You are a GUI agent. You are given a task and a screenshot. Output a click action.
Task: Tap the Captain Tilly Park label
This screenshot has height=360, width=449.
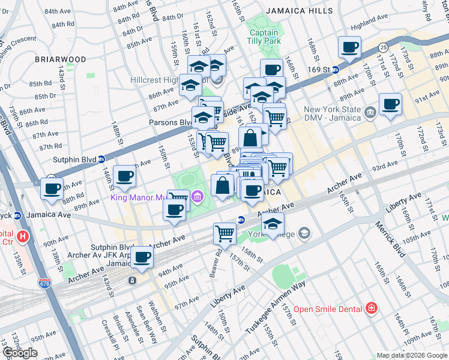[x=264, y=37]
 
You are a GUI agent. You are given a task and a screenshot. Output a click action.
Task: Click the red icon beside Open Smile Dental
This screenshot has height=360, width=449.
[x=372, y=308]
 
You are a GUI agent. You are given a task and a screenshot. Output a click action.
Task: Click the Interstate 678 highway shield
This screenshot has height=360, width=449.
[x=44, y=282]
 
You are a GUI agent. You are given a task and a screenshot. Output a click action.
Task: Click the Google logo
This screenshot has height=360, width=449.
[x=20, y=352]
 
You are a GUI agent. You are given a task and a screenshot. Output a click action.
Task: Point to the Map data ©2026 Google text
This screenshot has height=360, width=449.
[x=411, y=355]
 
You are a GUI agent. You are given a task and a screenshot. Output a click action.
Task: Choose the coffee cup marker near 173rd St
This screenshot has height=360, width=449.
[x=349, y=47]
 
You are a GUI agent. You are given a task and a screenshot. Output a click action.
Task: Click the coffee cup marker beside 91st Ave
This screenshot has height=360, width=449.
[x=390, y=104]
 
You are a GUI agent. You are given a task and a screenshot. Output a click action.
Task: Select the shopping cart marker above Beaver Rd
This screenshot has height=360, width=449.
[x=224, y=233]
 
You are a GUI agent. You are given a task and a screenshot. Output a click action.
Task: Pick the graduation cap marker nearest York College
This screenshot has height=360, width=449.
[x=273, y=224]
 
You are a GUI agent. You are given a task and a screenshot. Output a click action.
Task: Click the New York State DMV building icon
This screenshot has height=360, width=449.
[x=370, y=111]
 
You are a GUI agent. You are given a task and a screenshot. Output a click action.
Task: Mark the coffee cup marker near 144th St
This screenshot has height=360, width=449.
[x=124, y=176]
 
